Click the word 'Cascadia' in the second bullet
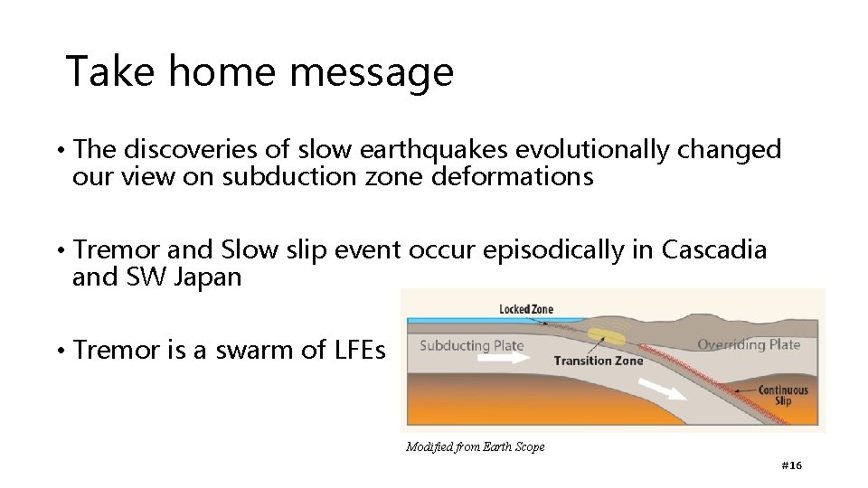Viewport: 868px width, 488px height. (x=714, y=249)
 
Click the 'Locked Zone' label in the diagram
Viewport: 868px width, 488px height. (x=525, y=310)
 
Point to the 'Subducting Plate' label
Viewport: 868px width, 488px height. (x=471, y=345)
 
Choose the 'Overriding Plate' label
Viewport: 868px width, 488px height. (x=749, y=344)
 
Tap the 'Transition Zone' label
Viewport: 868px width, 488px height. (x=598, y=361)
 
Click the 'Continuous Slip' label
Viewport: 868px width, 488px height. (x=783, y=395)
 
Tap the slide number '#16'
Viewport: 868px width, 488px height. (x=791, y=465)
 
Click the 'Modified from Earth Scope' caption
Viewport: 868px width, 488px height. (x=476, y=446)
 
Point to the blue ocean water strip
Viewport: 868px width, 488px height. (x=452, y=320)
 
